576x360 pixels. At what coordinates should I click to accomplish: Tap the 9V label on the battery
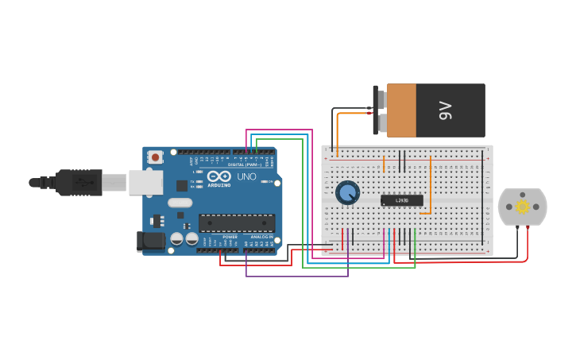[445, 110]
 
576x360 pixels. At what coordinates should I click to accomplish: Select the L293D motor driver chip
[401, 200]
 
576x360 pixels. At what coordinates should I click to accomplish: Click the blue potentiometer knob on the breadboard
[347, 192]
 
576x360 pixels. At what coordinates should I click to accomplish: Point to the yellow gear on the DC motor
[523, 207]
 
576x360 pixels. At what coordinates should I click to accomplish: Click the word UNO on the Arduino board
[247, 176]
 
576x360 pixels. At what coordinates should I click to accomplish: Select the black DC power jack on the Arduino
[150, 242]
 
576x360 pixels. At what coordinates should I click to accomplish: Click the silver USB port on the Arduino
[145, 183]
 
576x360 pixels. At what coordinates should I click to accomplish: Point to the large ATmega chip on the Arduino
[237, 223]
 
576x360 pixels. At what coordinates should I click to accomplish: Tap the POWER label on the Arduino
[230, 237]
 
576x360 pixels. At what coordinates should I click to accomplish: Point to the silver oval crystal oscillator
[180, 203]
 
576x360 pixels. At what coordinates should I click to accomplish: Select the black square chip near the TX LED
[182, 186]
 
